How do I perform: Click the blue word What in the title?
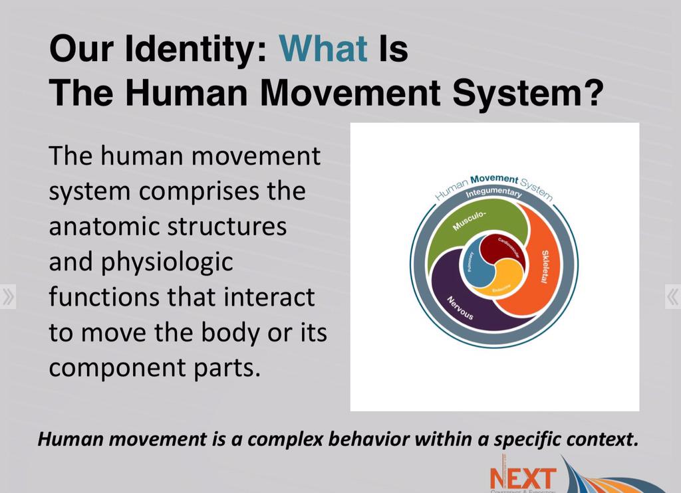[x=323, y=49]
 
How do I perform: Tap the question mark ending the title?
[x=592, y=93]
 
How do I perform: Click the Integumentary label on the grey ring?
[x=493, y=193]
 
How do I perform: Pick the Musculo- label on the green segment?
[x=469, y=220]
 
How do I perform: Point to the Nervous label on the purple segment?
[x=460, y=307]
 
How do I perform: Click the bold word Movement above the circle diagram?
[x=494, y=179]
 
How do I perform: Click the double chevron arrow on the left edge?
[x=8, y=296]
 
